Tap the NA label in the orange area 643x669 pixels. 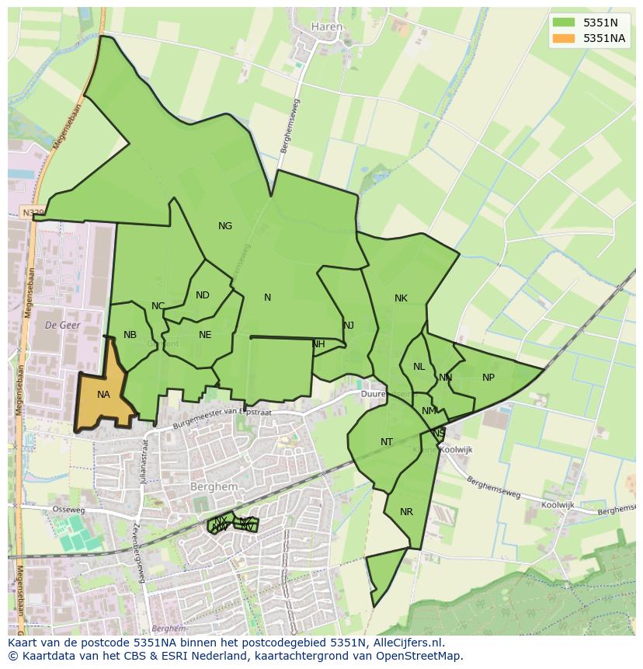tap(103, 395)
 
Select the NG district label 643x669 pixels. tap(225, 226)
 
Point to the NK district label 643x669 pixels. tap(401, 298)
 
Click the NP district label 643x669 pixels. tap(488, 378)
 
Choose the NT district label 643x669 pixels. tap(387, 442)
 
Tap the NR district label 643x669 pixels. tap(406, 512)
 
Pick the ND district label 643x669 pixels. tap(203, 295)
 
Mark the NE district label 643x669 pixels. tap(205, 335)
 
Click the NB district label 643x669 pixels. tap(130, 335)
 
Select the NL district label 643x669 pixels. tap(419, 367)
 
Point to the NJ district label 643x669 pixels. tap(349, 326)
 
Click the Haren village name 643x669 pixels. tap(326, 26)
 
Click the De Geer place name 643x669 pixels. tap(63, 325)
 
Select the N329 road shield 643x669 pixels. tap(33, 212)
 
